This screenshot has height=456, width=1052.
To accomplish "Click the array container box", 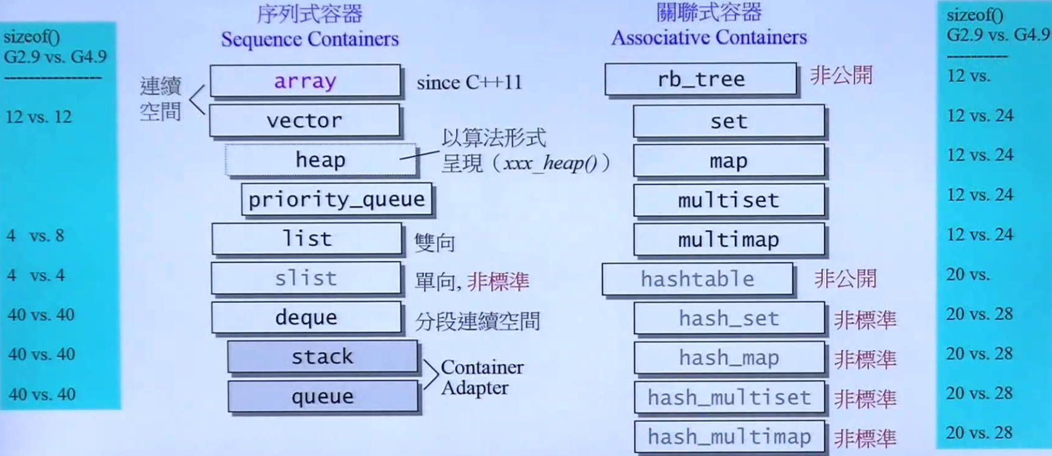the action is (305, 80).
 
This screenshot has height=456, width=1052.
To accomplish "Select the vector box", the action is (305, 120).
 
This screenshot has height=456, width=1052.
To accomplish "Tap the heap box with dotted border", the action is (321, 160).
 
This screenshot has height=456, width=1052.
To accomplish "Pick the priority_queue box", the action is (336, 199).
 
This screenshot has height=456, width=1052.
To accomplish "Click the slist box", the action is (306, 278).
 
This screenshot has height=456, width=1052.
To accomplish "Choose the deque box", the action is (306, 318).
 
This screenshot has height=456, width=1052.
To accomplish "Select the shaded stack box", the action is (323, 357).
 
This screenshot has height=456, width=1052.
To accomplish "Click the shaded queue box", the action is (323, 396).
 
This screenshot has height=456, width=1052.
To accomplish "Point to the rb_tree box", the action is (701, 79).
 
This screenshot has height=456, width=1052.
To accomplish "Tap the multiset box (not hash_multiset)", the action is (729, 200).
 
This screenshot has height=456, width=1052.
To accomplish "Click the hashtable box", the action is (698, 279).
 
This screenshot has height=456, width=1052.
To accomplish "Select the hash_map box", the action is (729, 358).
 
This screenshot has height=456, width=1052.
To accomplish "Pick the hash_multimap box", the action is (729, 436).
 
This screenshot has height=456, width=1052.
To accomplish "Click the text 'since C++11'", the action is (470, 82).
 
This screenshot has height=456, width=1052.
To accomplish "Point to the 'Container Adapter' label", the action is (482, 377).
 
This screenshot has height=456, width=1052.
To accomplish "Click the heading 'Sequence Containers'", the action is (310, 39).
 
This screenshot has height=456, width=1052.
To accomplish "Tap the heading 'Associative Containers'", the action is (709, 37).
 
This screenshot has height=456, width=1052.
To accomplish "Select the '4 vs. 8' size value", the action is (35, 235).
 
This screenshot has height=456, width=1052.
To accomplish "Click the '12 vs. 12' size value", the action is (38, 117).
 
